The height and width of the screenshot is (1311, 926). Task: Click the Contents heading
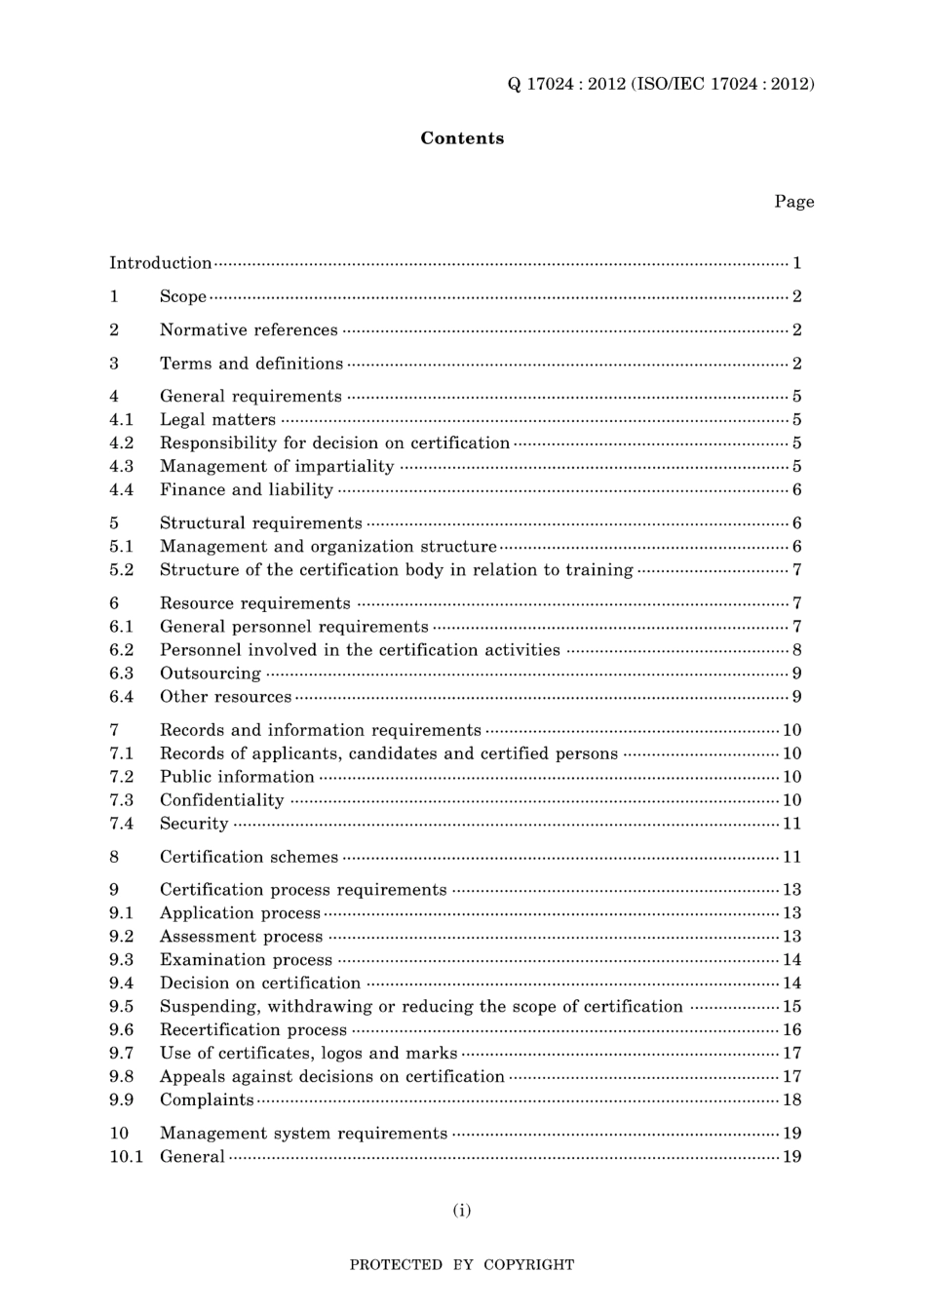pos(462,138)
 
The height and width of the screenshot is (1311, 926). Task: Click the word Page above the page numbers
pos(793,202)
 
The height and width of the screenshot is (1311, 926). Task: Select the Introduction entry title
pos(160,263)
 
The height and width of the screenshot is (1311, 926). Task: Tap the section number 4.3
pos(121,467)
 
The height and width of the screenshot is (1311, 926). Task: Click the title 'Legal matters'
pos(217,420)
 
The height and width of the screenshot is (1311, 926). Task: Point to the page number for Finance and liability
pos(796,490)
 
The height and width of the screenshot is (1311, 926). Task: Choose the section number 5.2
pos(121,570)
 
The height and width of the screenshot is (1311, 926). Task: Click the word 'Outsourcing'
pos(211,674)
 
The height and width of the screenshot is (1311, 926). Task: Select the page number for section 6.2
pos(796,650)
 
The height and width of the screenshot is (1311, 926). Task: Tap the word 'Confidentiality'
pos(222,800)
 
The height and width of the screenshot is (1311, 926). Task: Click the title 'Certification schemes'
pos(249,858)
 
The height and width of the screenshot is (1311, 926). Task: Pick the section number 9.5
pos(121,1007)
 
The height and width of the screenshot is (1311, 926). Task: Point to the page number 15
pos(791,1007)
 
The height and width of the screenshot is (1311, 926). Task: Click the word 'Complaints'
pos(207,1100)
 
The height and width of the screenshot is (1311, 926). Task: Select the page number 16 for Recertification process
pos(791,1030)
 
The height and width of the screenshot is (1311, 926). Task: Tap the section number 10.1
pos(126,1157)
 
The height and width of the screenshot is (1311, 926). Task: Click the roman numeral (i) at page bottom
pos(462,1211)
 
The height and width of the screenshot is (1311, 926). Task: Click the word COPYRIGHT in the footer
pos(528,1265)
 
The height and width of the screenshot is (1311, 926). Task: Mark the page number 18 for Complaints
pos(791,1100)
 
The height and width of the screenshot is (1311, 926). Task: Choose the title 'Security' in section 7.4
pos(194,824)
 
